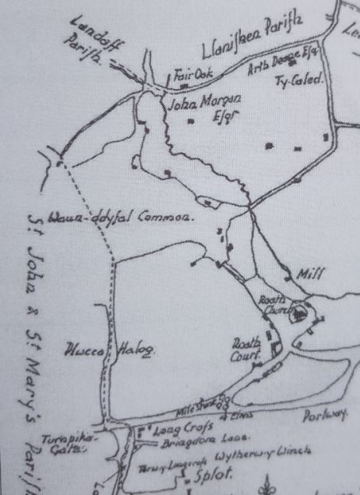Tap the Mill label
tap(309, 274)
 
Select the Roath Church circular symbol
tap(299, 315)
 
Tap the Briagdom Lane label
tap(182, 440)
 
